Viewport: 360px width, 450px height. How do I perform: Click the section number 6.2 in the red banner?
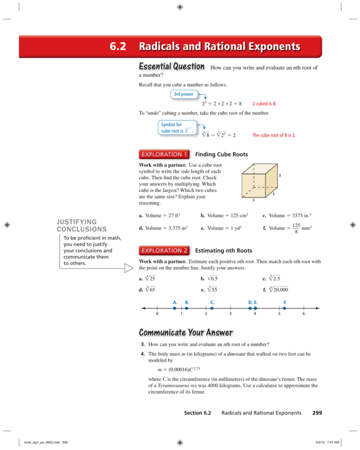pyautogui.click(x=109, y=47)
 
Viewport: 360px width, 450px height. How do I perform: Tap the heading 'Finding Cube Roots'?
pyautogui.click(x=222, y=154)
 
